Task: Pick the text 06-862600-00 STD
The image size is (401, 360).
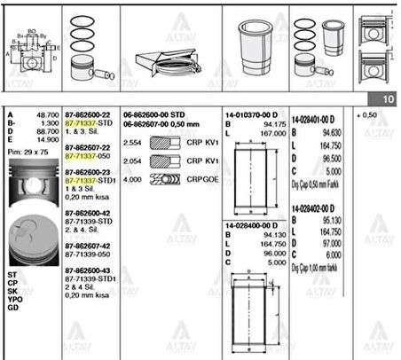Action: (x=155, y=114)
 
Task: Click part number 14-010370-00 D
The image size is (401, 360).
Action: (x=250, y=114)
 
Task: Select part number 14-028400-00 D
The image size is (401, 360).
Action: (x=250, y=226)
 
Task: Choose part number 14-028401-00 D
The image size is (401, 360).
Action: (x=318, y=114)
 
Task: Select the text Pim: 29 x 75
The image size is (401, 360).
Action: (x=26, y=153)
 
